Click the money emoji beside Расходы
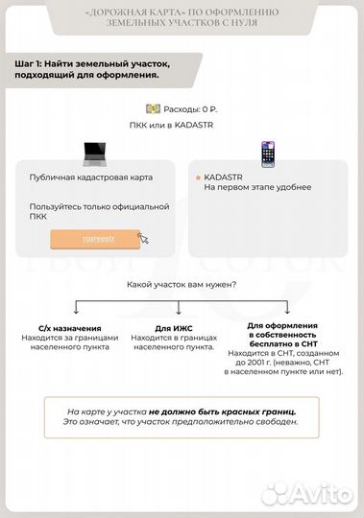coord(151,110)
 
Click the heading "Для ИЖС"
coord(172,328)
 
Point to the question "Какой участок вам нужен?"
coord(182,284)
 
